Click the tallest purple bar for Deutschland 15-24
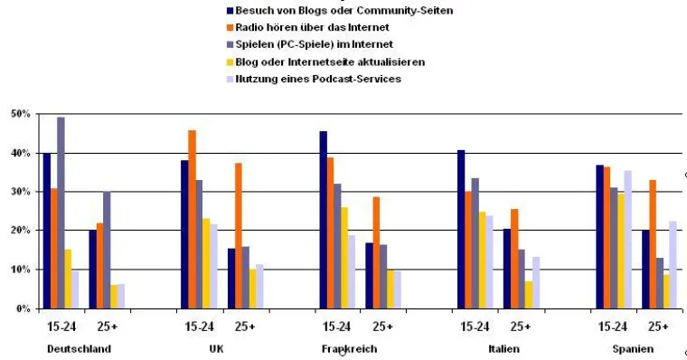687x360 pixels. click(61, 213)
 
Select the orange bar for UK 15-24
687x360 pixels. click(192, 220)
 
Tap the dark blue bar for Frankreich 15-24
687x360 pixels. click(323, 220)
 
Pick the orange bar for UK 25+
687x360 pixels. click(239, 235)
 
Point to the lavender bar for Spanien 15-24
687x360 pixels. click(627, 239)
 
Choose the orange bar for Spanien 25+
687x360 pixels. click(654, 244)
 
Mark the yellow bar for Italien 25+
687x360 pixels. click(527, 295)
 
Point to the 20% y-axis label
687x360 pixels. click(20, 231)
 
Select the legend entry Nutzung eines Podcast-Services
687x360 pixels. click(317, 79)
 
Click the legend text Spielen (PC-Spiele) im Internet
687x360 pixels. click(314, 44)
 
